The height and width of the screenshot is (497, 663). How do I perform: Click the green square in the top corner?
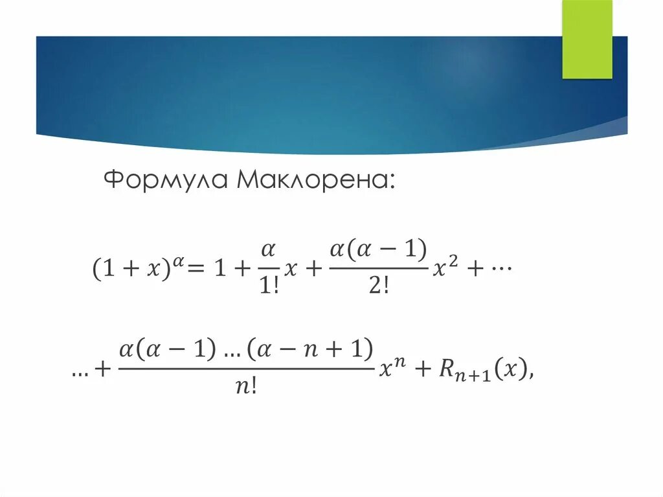(x=587, y=39)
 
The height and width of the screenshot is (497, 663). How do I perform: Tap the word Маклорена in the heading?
(x=315, y=179)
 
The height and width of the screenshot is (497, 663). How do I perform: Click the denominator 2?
(x=378, y=286)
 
